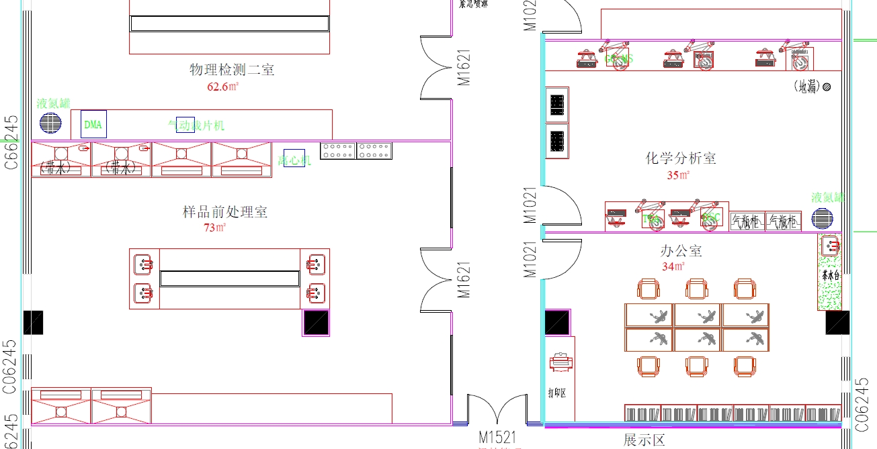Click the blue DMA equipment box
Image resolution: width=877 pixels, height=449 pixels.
(94, 124)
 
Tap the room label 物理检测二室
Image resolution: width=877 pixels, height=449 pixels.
(232, 70)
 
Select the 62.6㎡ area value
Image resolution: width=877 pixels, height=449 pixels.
(223, 87)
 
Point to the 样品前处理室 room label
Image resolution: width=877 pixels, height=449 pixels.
(225, 212)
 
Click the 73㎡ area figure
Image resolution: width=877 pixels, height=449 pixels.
(215, 228)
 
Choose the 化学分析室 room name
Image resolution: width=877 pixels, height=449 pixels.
(681, 158)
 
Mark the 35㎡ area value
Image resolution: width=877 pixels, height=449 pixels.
(678, 176)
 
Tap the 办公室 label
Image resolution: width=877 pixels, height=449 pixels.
(681, 251)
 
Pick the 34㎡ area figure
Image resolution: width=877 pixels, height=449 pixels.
(673, 267)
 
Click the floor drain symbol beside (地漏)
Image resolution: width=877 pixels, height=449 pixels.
(827, 87)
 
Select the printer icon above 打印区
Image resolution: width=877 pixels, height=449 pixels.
(560, 363)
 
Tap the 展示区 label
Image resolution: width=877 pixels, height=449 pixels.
(644, 441)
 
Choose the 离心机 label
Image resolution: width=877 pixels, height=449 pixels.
(294, 160)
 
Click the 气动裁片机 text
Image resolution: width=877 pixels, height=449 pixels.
(196, 126)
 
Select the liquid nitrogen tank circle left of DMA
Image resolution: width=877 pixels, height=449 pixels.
(50, 123)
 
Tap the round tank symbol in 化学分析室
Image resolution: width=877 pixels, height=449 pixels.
(822, 219)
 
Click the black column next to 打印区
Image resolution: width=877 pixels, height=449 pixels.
(557, 323)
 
